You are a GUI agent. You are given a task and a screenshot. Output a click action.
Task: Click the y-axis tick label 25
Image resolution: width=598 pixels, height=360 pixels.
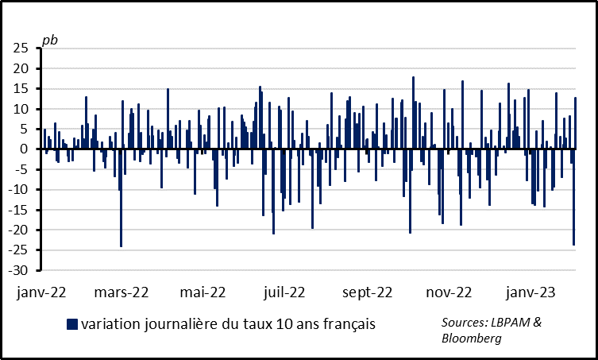coord(21,48)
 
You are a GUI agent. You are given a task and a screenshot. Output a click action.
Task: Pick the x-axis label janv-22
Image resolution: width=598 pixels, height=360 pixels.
coord(41,292)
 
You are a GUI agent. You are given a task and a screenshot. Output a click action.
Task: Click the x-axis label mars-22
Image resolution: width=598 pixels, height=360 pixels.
coord(122,292)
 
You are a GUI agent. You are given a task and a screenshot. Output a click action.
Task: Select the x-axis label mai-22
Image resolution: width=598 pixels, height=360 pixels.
coord(203,292)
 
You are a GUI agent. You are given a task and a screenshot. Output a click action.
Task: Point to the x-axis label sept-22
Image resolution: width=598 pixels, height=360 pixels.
coord(367,292)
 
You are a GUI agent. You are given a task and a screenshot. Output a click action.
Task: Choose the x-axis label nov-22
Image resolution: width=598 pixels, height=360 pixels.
coord(449,292)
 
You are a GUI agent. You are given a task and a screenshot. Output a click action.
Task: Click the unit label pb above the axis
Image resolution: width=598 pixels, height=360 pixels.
coord(49,39)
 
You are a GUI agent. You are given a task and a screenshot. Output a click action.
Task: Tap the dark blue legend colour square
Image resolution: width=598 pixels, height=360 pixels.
coord(71,323)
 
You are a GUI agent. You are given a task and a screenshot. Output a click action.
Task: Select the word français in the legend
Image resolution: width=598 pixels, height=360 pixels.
coord(347,323)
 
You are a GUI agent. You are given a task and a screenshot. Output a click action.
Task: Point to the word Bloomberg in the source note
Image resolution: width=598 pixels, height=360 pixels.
coord(472,339)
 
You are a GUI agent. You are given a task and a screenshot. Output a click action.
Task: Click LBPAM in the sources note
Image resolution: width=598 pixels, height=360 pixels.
coord(512,323)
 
